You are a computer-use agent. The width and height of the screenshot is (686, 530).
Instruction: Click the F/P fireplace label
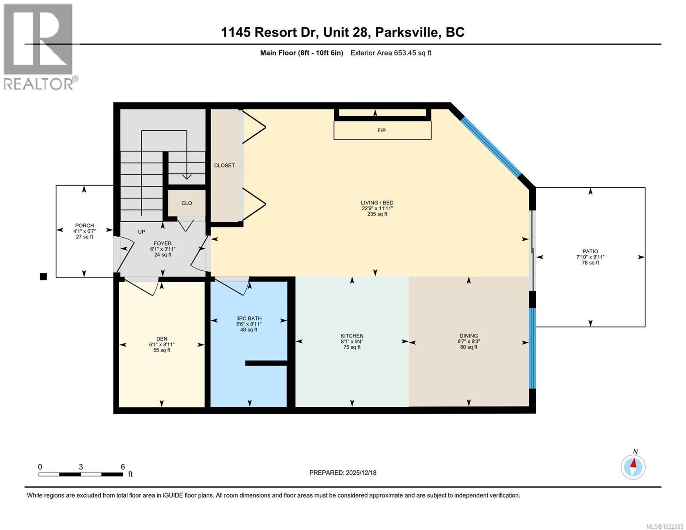coord(381,131)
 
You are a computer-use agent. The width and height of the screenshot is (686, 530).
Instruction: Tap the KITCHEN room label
coord(352,336)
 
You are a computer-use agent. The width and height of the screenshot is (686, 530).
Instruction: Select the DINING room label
coord(468,336)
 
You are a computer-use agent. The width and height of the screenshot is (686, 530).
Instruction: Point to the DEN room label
coord(162,339)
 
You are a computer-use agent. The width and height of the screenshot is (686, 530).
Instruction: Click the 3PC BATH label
coord(249,318)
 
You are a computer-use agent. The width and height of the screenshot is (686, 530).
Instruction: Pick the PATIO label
coord(590,252)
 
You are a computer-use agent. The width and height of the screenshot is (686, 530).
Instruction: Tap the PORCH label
coord(84,226)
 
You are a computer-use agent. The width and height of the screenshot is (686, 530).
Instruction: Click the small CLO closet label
coord(187,203)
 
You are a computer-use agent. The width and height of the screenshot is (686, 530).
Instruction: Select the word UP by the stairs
coord(141,232)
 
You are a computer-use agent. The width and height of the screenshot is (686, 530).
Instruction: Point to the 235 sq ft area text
coord(377,214)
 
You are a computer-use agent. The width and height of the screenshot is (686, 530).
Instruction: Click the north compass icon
coord(633,467)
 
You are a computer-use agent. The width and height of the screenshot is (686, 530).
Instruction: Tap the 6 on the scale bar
coord(123,467)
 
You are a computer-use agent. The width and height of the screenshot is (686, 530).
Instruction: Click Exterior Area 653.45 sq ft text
coord(390,53)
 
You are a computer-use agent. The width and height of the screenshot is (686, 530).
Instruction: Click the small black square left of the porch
coord(43,277)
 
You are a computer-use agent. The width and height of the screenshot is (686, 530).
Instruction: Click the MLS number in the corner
coord(664,526)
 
